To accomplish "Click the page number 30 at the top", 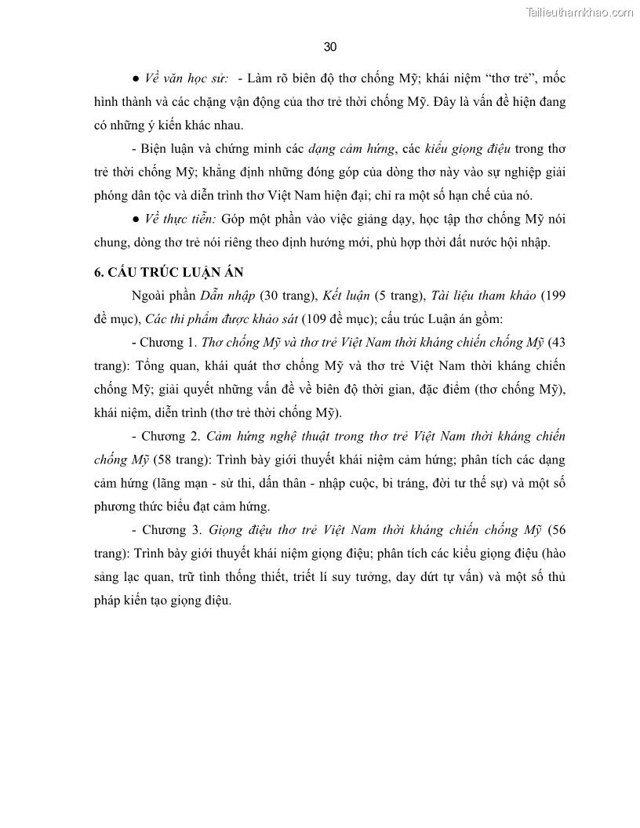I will (x=329, y=47).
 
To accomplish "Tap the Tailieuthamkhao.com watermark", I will (x=580, y=12).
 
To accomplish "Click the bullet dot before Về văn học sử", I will (x=136, y=79).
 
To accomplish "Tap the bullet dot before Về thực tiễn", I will (x=136, y=219).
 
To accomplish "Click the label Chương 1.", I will (x=167, y=342).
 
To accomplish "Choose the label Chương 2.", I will (x=167, y=436).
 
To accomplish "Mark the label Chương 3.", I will (x=167, y=530).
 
